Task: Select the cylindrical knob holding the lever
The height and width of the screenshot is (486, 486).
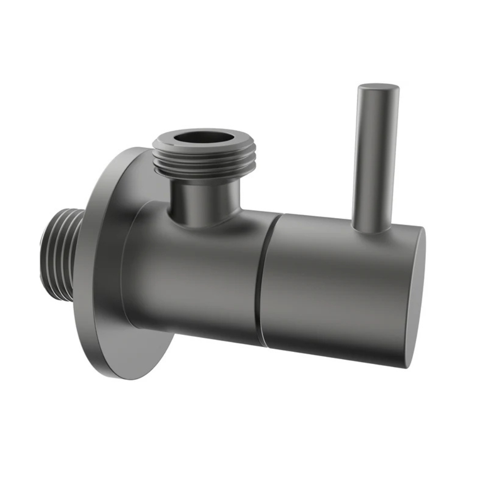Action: pyautogui.click(x=330, y=287)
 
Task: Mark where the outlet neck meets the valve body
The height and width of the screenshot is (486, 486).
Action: pyautogui.click(x=204, y=221)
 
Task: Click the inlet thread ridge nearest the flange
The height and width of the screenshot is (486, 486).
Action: pyautogui.click(x=73, y=253)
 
